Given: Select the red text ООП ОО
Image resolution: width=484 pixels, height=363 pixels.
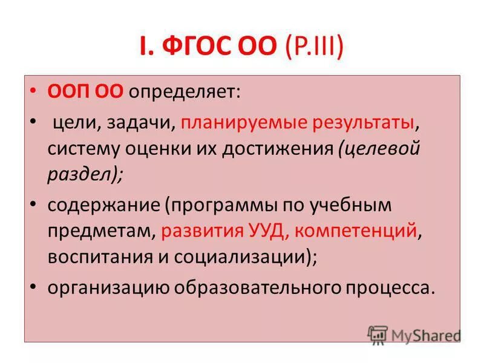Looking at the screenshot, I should point(86,92).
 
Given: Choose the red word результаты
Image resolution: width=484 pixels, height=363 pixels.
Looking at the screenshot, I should point(365,123).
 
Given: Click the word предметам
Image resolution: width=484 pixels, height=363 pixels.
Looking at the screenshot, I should point(102,231).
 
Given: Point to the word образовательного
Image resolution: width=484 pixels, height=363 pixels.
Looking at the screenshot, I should point(247,287).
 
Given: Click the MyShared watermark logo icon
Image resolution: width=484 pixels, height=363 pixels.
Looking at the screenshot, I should point(378,335).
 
